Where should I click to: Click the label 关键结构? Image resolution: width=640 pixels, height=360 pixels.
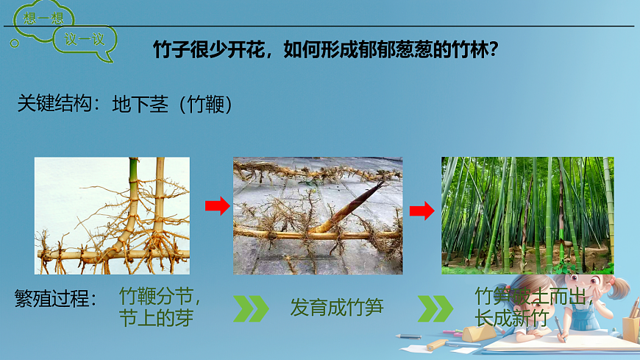pyautogui.click(x=54, y=105)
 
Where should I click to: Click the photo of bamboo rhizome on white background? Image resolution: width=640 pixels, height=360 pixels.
pyautogui.click(x=112, y=215)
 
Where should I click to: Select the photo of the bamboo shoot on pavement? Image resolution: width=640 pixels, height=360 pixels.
pyautogui.click(x=318, y=215)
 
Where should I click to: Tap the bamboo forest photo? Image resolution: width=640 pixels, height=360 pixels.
pyautogui.click(x=527, y=215)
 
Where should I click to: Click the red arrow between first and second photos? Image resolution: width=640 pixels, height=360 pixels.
pyautogui.click(x=217, y=207)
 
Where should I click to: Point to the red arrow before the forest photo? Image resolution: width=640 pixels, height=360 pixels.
pyautogui.click(x=422, y=211)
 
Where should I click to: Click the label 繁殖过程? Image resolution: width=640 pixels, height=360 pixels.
pyautogui.click(x=54, y=299)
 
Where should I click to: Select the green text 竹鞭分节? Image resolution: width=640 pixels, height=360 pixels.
pyautogui.click(x=160, y=297)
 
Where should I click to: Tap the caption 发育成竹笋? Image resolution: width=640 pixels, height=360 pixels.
pyautogui.click(x=337, y=308)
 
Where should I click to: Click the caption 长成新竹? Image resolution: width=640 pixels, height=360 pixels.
pyautogui.click(x=511, y=319)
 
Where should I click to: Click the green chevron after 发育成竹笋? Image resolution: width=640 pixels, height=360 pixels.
pyautogui.click(x=435, y=308)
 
